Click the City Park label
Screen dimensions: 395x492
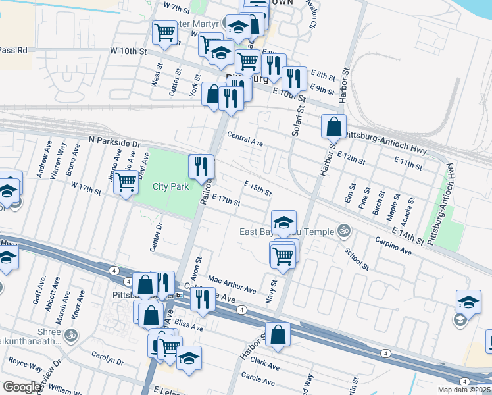click(x=171, y=186)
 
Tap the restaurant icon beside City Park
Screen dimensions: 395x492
click(x=201, y=167)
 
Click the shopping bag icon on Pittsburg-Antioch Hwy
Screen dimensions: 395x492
click(x=334, y=125)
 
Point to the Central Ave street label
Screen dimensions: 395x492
click(x=245, y=139)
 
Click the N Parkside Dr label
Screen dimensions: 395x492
click(x=114, y=143)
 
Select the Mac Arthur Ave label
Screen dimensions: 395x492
click(x=232, y=285)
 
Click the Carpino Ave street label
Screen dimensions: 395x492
click(x=393, y=246)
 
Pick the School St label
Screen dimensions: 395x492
click(x=356, y=258)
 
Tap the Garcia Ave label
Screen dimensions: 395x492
click(x=257, y=378)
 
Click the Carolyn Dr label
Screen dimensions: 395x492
click(x=107, y=361)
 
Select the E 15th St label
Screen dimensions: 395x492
click(x=257, y=188)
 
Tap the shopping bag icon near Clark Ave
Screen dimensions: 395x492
click(x=278, y=334)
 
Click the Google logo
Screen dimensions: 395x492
click(x=21, y=386)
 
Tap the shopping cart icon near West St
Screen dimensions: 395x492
click(x=164, y=33)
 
